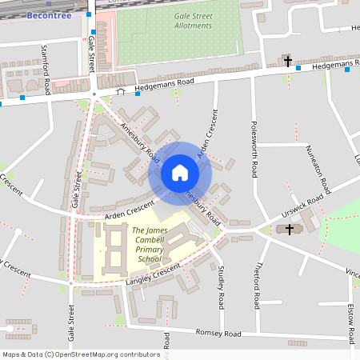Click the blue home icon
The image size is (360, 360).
pyautogui.click(x=180, y=172)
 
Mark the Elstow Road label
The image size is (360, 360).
pyautogui.click(x=351, y=318)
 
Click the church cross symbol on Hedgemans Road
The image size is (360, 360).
pyautogui.click(x=288, y=61)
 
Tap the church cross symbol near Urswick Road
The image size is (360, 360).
pyautogui.click(x=289, y=230)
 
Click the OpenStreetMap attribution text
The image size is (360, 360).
pyautogui.click(x=82, y=354)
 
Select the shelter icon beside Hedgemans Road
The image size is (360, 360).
pyautogui.click(x=121, y=91)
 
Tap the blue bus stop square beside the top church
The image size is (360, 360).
pyautogui.click(x=298, y=68)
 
